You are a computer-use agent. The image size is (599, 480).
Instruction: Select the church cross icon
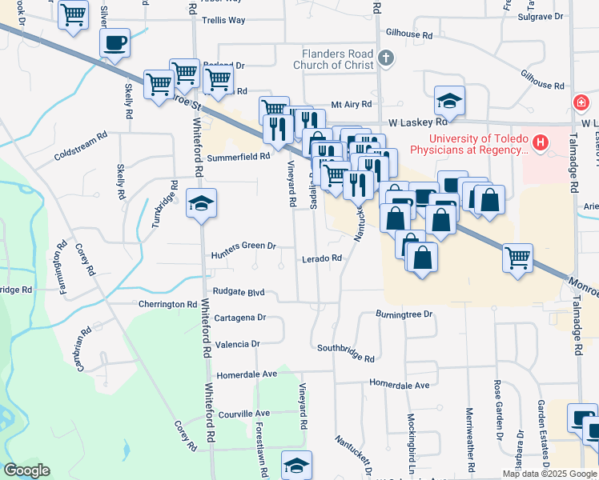coord(386,58)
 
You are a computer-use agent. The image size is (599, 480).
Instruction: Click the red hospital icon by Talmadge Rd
coord(580,104)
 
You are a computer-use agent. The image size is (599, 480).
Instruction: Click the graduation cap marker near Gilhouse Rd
coord(449,101)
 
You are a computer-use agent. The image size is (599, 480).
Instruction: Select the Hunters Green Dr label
coord(243,246)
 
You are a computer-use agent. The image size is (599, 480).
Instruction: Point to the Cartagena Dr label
coord(239,318)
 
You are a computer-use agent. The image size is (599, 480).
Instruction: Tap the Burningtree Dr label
coord(404,314)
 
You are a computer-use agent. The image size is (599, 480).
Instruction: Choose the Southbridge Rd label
coord(346,353)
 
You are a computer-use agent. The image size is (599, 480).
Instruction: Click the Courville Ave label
coord(245,414)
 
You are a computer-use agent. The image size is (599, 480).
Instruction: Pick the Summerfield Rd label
coord(238,158)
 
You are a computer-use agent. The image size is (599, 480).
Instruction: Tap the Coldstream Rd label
coord(80,155)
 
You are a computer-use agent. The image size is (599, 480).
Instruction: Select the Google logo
coord(27,470)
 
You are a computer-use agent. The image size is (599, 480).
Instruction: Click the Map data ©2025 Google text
coord(549,474)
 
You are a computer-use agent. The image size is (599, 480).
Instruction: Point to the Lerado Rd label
coord(322,258)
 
